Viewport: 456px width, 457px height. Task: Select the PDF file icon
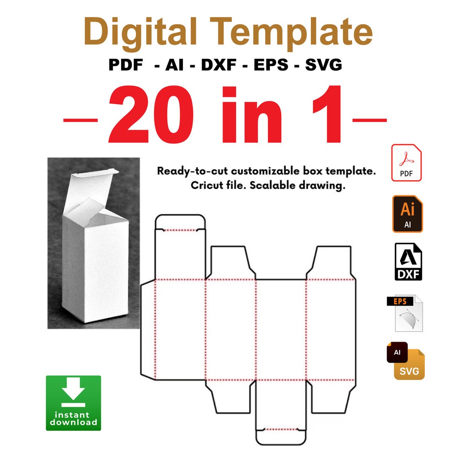(407, 163)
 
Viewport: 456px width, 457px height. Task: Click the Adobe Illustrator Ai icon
(407, 214)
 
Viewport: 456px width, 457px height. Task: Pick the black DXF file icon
(408, 262)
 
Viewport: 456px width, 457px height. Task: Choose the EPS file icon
(406, 313)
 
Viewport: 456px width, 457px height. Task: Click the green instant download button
(73, 403)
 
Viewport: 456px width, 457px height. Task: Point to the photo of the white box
(93, 243)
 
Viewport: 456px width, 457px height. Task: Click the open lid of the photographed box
(91, 186)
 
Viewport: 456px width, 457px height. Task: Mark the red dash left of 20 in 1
(80, 120)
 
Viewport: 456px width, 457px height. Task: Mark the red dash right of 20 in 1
(369, 120)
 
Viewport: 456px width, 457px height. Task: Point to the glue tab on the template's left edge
(148, 330)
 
